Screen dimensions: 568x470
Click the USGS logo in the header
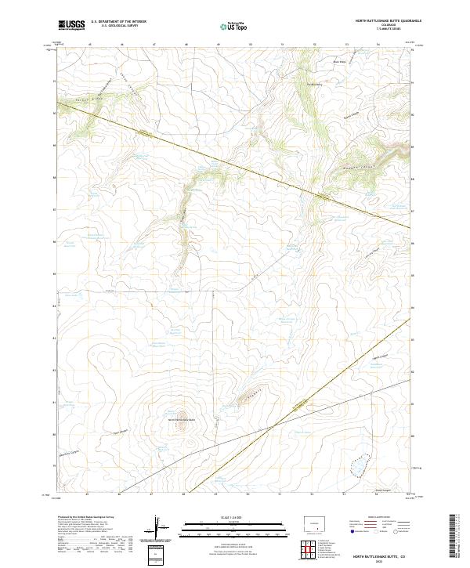point(71,26)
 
